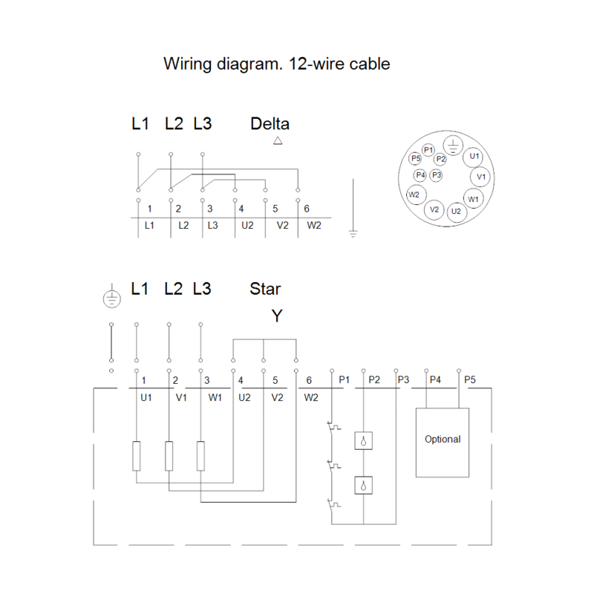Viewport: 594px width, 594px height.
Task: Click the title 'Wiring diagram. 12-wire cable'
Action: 276,64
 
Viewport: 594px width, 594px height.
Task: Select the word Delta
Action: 270,124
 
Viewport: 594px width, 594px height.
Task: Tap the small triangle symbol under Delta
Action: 278,140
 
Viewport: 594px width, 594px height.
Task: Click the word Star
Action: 265,289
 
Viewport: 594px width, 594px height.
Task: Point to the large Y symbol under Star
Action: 277,316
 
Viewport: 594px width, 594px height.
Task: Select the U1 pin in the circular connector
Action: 474,156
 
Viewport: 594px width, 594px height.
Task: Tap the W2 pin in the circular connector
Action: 416,195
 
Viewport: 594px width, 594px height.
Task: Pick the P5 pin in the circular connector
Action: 416,158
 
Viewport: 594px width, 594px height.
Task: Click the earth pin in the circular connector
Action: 453,145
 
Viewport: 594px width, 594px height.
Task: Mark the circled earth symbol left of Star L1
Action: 112,298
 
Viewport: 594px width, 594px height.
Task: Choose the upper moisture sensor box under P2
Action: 363,440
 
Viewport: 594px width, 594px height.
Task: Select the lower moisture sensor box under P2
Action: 363,486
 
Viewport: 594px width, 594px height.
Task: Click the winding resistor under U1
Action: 137,456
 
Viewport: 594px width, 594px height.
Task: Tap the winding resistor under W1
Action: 200,456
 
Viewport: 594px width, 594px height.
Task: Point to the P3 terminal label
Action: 403,379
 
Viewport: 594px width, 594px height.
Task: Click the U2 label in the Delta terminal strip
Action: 247,226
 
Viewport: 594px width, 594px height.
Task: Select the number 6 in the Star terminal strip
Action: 309,380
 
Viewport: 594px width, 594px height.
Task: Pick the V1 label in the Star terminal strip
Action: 181,397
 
